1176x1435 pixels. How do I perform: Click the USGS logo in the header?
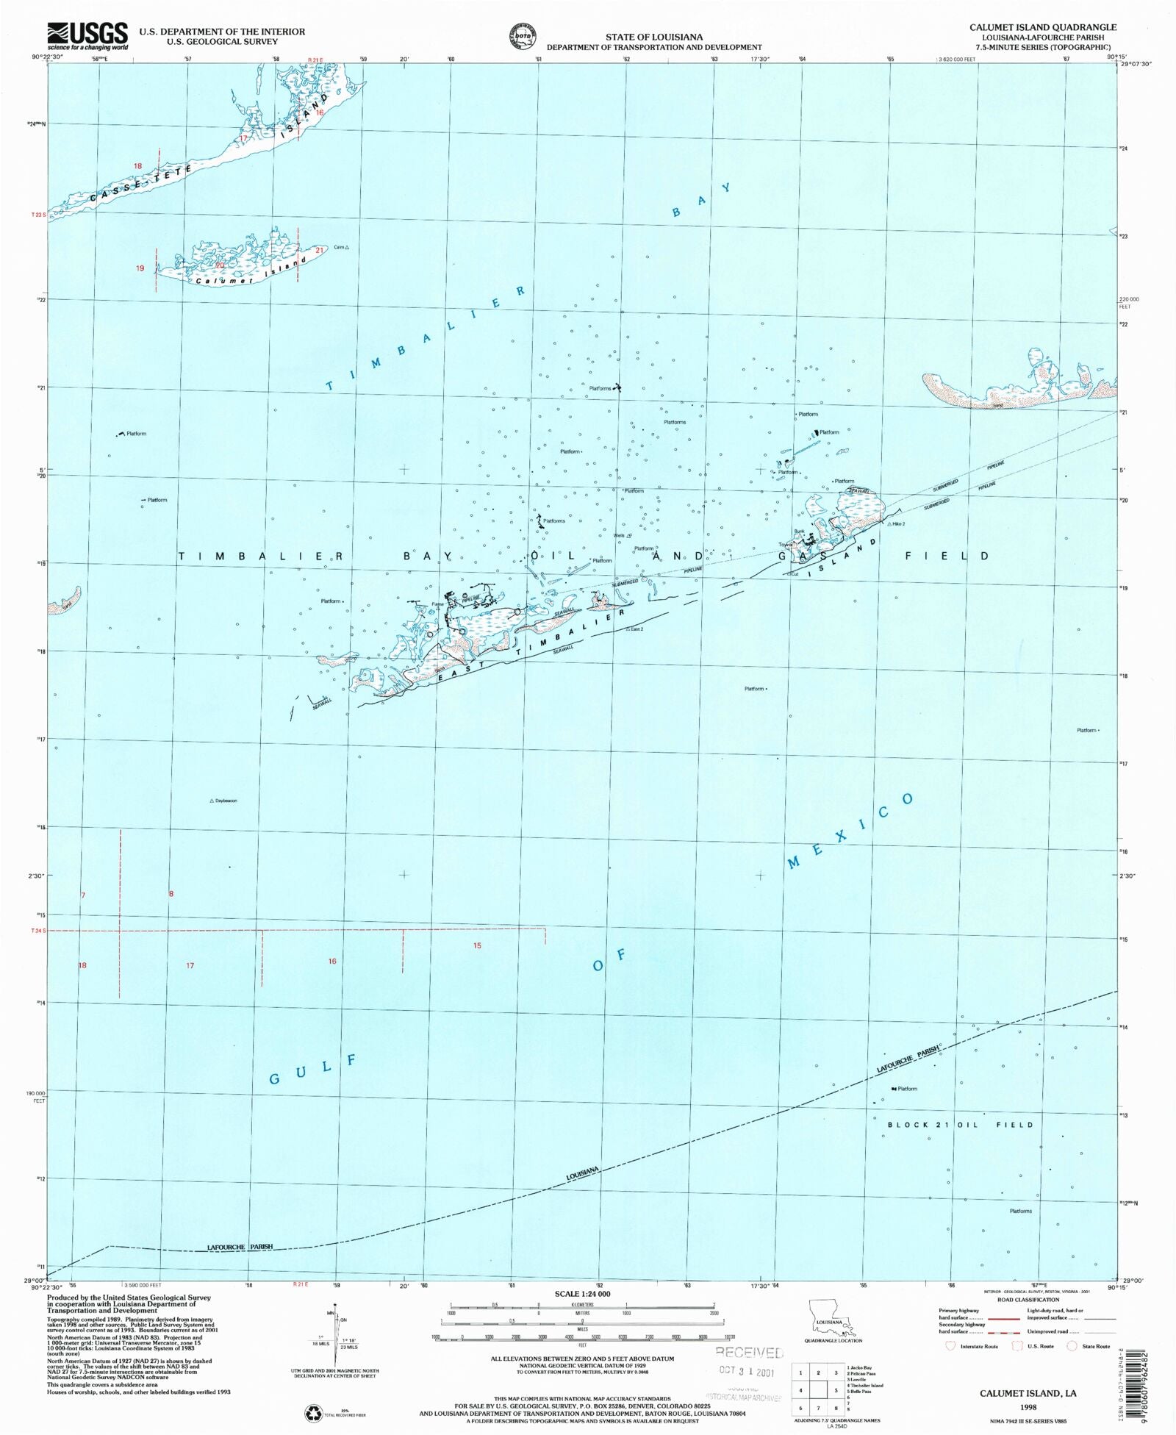[x=87, y=35]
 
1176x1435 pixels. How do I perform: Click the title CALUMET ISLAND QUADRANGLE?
[x=1042, y=27]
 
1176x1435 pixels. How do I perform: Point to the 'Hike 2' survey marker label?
[x=898, y=524]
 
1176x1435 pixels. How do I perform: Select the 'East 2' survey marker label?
[x=636, y=629]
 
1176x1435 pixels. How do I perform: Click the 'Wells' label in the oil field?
[x=619, y=536]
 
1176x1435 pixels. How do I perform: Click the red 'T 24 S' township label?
[x=38, y=931]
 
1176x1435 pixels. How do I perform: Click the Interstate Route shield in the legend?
[x=951, y=1346]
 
